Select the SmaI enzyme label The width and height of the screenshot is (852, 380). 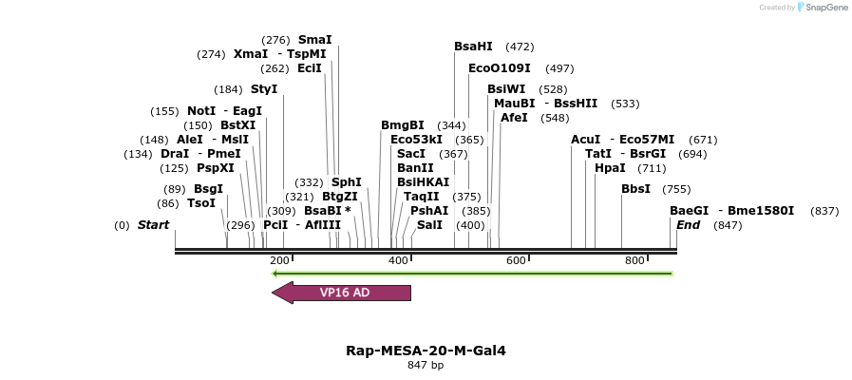click(314, 40)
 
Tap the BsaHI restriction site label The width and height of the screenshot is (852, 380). click(473, 47)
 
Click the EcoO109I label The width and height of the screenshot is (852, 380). click(499, 68)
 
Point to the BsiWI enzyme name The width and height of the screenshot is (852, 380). click(505, 89)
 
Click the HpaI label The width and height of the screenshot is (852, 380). click(609, 168)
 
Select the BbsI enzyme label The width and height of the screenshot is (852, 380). click(635, 189)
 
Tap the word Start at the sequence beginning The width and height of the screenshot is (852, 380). click(153, 225)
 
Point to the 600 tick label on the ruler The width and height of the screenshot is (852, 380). click(516, 260)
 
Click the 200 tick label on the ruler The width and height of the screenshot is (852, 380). click(279, 260)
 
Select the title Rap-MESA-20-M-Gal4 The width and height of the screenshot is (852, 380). click(426, 351)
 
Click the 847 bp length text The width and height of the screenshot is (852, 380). click(426, 365)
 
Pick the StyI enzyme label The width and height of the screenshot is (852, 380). click(264, 89)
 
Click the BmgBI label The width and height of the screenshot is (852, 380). click(403, 125)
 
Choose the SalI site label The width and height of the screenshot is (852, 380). click(429, 225)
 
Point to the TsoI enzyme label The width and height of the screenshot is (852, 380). click(201, 203)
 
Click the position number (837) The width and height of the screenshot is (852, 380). click(824, 211)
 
